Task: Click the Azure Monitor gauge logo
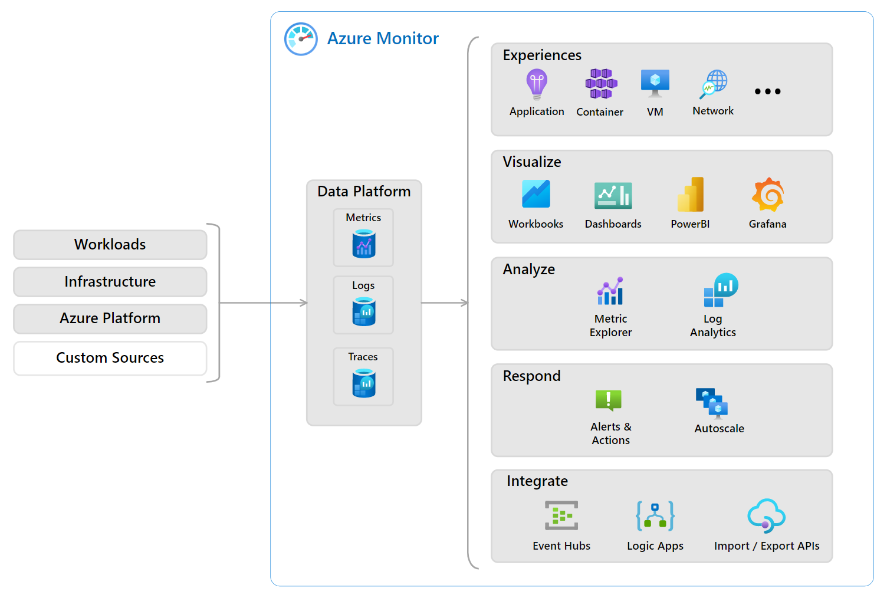tap(301, 39)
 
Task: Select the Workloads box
tap(110, 245)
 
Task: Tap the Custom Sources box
tap(110, 358)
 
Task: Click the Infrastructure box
tap(110, 282)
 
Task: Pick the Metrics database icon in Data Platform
tap(364, 244)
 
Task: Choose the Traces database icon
tap(364, 383)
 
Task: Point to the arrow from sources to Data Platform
tap(263, 303)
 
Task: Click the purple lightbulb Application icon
tap(537, 84)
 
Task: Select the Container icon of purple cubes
tap(601, 84)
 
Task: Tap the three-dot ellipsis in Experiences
tap(767, 91)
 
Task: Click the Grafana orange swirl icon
tap(768, 195)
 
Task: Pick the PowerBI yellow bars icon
tap(691, 195)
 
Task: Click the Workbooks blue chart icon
tap(536, 194)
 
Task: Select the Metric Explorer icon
tap(610, 291)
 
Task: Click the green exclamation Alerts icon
tap(609, 400)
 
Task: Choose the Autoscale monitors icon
tap(712, 403)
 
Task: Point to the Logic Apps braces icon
tap(655, 516)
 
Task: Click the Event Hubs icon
tap(561, 516)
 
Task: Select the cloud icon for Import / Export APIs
tap(766, 516)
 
